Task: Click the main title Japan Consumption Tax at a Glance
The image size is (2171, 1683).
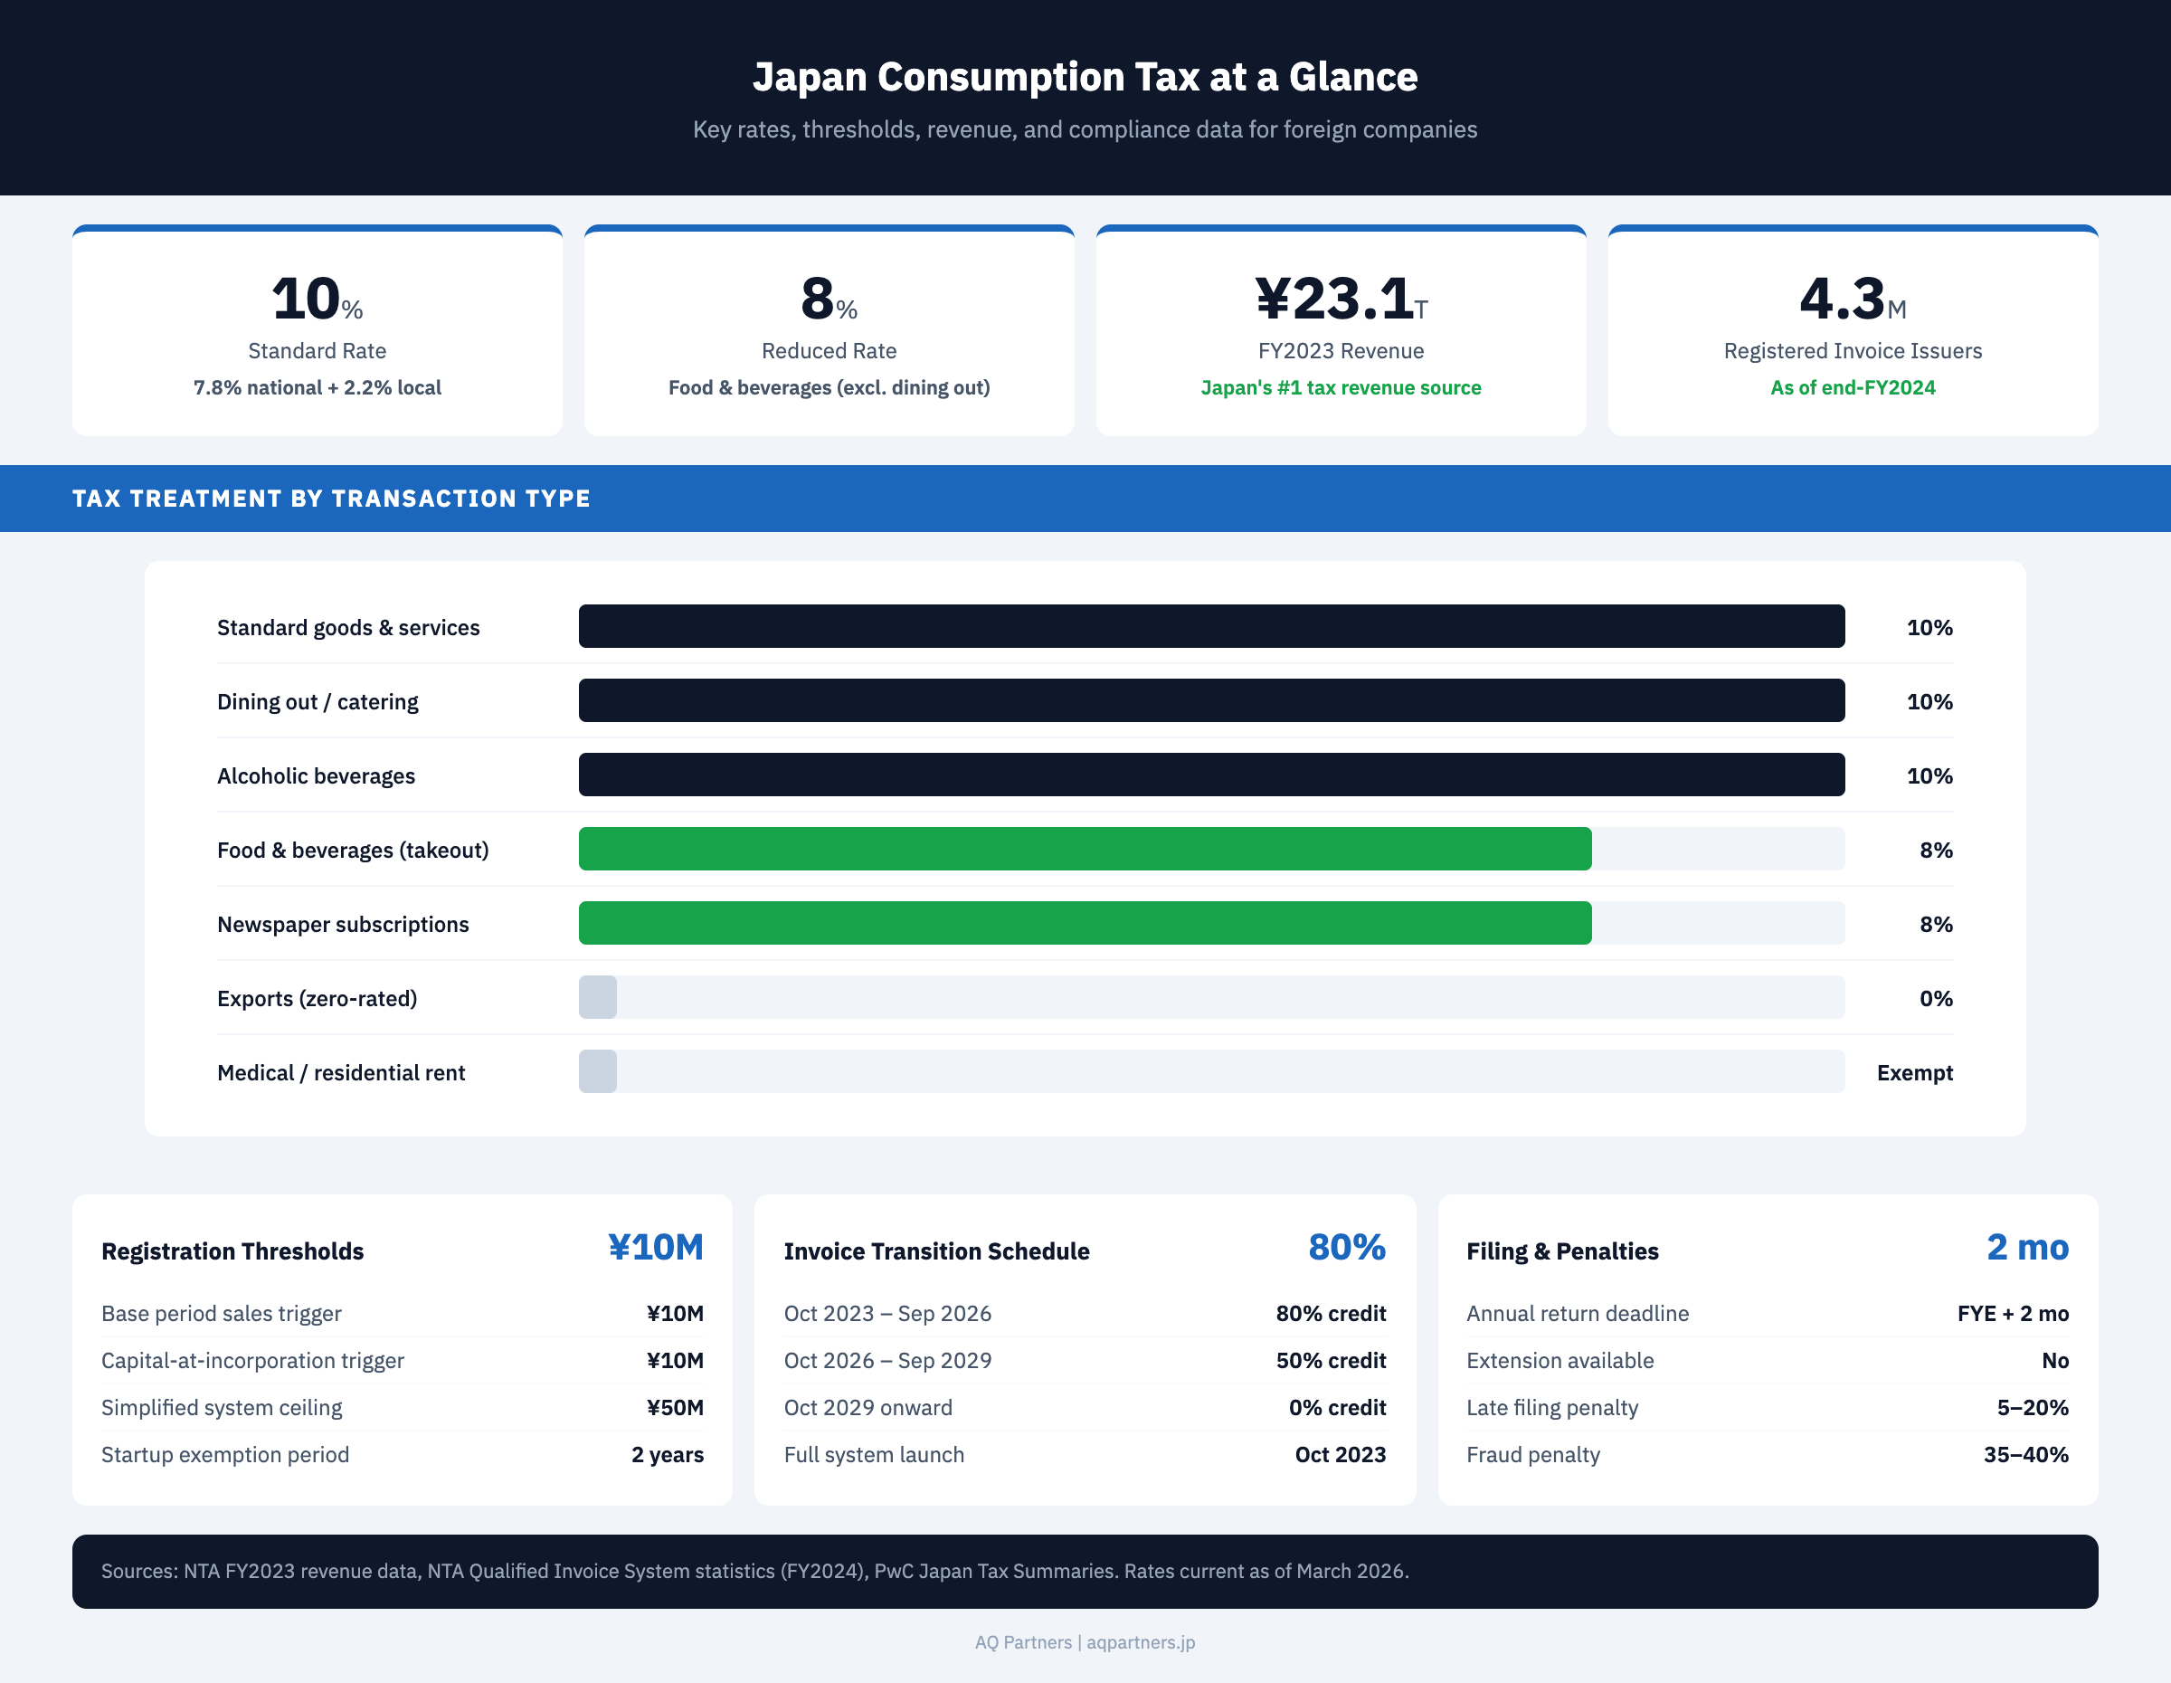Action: tap(1085, 77)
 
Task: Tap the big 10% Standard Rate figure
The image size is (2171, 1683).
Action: tap(316, 299)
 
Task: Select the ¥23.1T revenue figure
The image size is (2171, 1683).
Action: tap(1340, 299)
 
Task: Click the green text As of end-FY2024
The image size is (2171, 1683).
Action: tap(1852, 387)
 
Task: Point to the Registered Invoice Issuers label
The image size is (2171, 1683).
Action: tap(1852, 351)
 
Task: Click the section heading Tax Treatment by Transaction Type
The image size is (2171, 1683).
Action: tap(331, 498)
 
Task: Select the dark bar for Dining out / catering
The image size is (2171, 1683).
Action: tap(1210, 701)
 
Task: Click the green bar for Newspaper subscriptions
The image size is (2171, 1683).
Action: tap(1084, 924)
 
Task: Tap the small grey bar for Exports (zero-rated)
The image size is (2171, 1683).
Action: tap(597, 997)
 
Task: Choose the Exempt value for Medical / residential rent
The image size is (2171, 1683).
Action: tap(1913, 1072)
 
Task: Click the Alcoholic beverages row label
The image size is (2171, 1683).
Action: tap(316, 775)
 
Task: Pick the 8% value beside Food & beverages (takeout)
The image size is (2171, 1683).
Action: tap(1936, 850)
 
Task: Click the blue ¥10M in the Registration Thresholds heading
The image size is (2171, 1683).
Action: tap(655, 1248)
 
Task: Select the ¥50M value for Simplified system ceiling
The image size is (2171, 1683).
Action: tap(674, 1408)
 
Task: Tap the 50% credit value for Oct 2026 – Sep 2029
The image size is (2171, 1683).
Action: tap(1330, 1360)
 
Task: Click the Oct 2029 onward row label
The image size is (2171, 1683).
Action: tap(867, 1408)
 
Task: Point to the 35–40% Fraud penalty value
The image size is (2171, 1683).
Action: tap(2024, 1454)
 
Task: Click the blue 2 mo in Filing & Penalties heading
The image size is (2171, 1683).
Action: tap(2027, 1248)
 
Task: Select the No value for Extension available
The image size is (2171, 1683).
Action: tap(2054, 1360)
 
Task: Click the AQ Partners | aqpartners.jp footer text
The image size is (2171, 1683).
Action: tap(1085, 1642)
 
